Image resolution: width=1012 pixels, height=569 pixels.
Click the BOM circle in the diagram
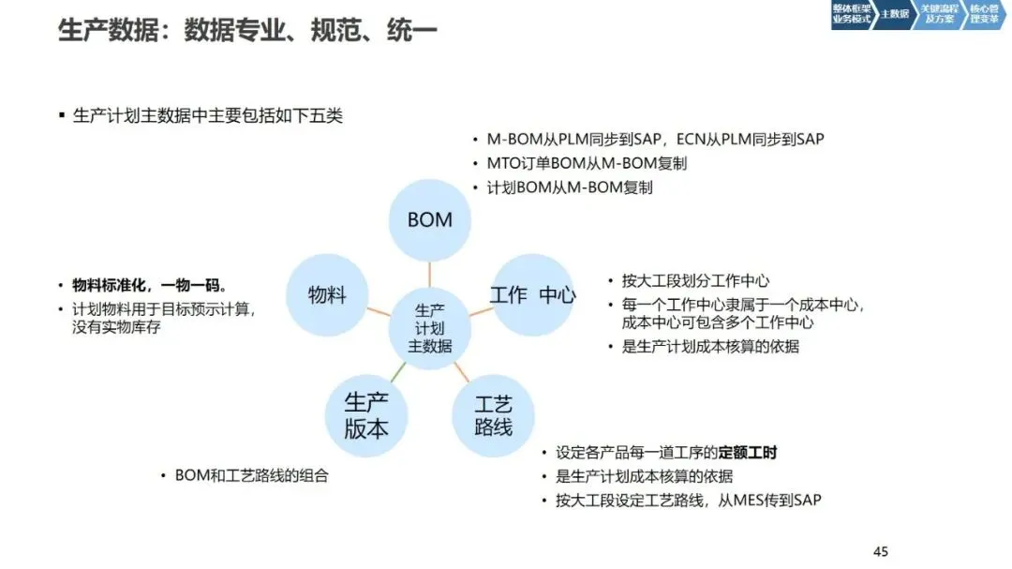[430, 220]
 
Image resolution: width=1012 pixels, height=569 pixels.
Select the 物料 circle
[327, 294]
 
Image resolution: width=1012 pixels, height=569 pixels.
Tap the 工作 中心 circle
[532, 294]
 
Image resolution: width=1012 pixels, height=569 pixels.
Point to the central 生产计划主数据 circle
[429, 327]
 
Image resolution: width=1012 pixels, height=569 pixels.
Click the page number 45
[880, 551]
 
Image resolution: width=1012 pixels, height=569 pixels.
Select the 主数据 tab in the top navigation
[894, 14]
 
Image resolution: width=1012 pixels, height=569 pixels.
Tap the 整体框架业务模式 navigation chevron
[851, 14]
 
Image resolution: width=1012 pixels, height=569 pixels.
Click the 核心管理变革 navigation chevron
[983, 14]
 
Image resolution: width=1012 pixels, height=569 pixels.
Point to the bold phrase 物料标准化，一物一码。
[150, 285]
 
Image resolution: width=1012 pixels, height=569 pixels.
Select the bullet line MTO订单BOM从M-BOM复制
[587, 163]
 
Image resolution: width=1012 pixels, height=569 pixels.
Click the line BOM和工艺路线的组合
[252, 475]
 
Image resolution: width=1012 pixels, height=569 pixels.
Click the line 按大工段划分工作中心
[695, 281]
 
